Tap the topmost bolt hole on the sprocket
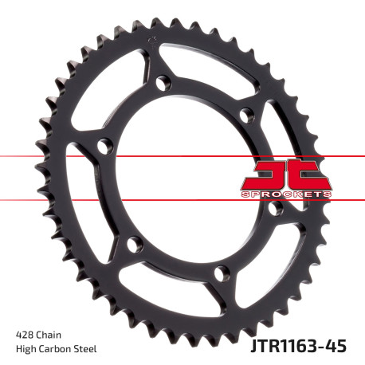pos(164,82)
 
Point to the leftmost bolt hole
pos(101,145)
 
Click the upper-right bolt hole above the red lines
pos(247,114)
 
